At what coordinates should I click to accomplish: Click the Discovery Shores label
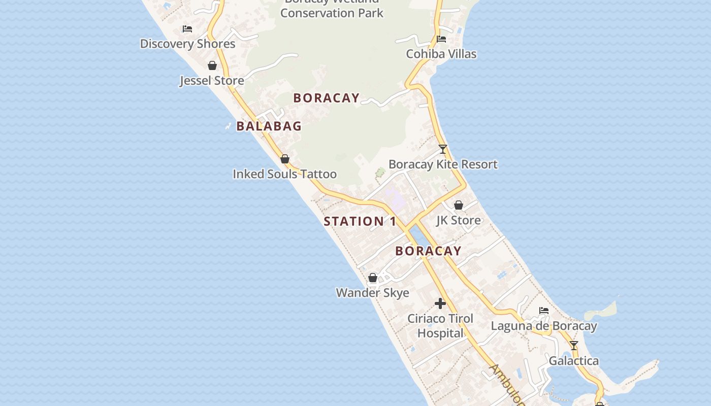pyautogui.click(x=187, y=44)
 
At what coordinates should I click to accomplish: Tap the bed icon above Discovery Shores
pyautogui.click(x=187, y=29)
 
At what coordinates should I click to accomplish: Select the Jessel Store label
pyautogui.click(x=212, y=80)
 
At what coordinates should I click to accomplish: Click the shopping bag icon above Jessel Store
pyautogui.click(x=212, y=65)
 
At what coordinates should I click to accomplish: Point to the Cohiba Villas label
pyautogui.click(x=441, y=54)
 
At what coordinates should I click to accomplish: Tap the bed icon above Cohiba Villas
pyautogui.click(x=441, y=39)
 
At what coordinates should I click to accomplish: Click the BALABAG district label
pyautogui.click(x=269, y=126)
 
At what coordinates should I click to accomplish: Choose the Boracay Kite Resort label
pyautogui.click(x=443, y=164)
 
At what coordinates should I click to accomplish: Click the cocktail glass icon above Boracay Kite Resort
pyautogui.click(x=443, y=149)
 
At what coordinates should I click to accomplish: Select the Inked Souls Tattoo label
pyautogui.click(x=284, y=174)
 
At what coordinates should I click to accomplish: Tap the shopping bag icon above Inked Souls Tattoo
pyautogui.click(x=285, y=159)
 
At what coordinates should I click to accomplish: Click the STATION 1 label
pyautogui.click(x=360, y=221)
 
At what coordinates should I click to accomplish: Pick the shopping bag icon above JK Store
pyautogui.click(x=459, y=205)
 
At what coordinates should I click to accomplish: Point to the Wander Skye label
pyautogui.click(x=372, y=293)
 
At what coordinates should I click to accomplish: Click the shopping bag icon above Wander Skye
pyautogui.click(x=373, y=278)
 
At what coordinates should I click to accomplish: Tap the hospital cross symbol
pyautogui.click(x=440, y=303)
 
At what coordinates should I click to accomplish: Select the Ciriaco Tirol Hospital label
pyautogui.click(x=440, y=326)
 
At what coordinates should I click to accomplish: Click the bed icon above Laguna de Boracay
pyautogui.click(x=544, y=311)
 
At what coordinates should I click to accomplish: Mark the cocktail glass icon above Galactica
pyautogui.click(x=574, y=346)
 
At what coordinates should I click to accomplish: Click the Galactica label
pyautogui.click(x=574, y=361)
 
